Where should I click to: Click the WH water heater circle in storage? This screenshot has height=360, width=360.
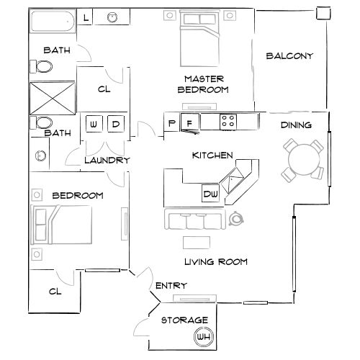pyautogui.click(x=203, y=336)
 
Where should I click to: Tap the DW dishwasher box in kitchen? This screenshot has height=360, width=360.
pyautogui.click(x=210, y=194)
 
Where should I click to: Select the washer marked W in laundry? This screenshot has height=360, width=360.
pyautogui.click(x=94, y=125)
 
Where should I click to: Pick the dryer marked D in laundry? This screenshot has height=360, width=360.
pyautogui.click(x=115, y=125)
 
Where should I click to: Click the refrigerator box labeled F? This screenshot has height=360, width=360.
pyautogui.click(x=189, y=122)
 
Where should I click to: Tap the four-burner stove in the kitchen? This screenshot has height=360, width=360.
pyautogui.click(x=228, y=122)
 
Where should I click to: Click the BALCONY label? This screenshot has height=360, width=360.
pyautogui.click(x=289, y=56)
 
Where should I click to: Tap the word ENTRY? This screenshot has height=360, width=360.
pyautogui.click(x=171, y=287)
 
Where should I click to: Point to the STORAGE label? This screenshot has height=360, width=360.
pyautogui.click(x=184, y=320)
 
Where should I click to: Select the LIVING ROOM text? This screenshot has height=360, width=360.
pyautogui.click(x=215, y=262)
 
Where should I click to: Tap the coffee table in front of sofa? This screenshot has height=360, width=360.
pyautogui.click(x=195, y=242)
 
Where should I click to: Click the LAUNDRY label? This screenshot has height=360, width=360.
pyautogui.click(x=107, y=161)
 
